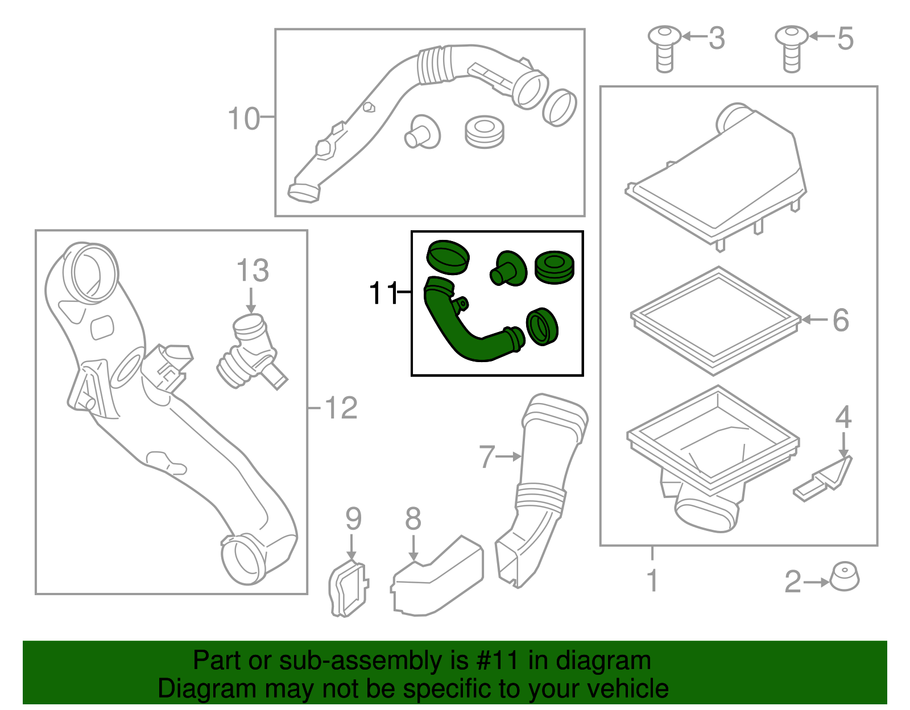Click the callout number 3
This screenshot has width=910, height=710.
[717, 38]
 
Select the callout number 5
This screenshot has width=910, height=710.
[845, 39]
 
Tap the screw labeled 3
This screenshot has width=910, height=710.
[664, 49]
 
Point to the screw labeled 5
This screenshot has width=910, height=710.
[792, 49]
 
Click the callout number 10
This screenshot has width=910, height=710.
[244, 118]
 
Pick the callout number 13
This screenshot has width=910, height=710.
[253, 270]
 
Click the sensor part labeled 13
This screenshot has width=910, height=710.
[252, 351]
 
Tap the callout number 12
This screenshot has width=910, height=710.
[341, 408]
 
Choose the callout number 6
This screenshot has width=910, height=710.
[841, 320]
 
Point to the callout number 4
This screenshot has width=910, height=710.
[843, 417]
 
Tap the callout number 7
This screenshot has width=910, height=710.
[487, 456]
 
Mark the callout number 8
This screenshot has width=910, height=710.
[413, 519]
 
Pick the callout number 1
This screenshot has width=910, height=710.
[652, 580]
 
